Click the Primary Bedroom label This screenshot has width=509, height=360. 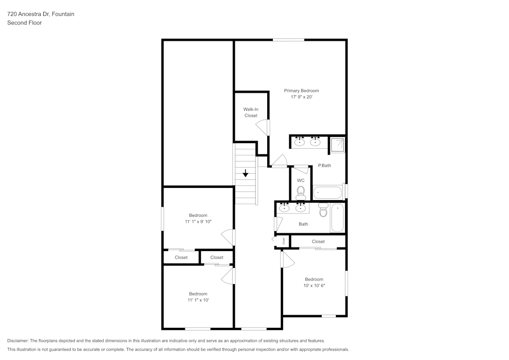point(301,91)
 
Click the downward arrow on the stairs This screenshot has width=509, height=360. point(245,174)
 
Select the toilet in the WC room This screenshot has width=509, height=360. point(301,192)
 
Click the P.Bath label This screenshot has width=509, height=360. point(324,165)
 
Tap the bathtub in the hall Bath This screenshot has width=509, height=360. point(337,217)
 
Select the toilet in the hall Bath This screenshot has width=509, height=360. point(323,210)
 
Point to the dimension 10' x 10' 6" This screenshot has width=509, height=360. point(314,286)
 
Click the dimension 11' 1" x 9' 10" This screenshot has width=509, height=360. point(198,221)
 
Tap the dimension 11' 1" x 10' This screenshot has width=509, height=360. point(198,300)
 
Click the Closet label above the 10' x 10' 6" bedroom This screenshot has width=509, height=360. point(318,241)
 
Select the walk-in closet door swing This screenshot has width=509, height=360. point(264,127)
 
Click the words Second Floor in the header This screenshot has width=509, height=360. point(24,23)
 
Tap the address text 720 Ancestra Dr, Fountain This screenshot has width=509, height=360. point(41,14)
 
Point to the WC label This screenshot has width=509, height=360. point(301,180)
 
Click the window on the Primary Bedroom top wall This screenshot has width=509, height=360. point(288,40)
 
